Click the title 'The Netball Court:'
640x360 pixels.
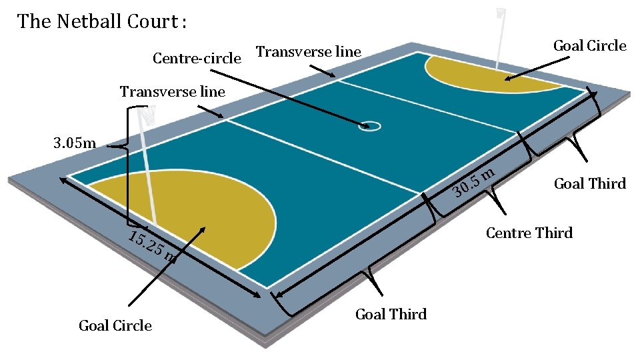click(x=102, y=21)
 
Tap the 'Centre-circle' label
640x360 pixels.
click(x=197, y=59)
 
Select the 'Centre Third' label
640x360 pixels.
click(x=529, y=233)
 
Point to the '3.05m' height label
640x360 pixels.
click(x=75, y=143)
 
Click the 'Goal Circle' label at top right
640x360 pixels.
click(x=589, y=45)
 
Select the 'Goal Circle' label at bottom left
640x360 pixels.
click(x=115, y=325)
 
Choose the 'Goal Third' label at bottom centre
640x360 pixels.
click(x=391, y=314)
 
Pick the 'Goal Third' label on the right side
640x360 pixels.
click(x=589, y=183)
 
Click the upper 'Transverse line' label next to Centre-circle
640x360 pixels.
click(x=308, y=51)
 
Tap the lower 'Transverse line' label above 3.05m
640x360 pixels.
click(x=172, y=91)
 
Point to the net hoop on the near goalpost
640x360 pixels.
click(x=148, y=114)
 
